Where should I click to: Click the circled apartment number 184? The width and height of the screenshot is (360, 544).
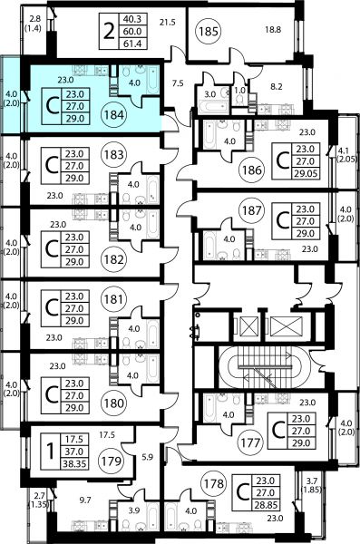[114, 114]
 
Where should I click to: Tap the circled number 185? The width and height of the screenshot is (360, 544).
[209, 32]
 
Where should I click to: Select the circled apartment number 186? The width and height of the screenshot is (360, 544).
[252, 170]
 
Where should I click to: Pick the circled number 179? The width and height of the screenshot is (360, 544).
[112, 461]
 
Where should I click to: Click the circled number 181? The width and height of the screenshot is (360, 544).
[113, 298]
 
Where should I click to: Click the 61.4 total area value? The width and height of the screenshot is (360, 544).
[132, 44]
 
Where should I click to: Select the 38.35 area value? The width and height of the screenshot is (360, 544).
[74, 464]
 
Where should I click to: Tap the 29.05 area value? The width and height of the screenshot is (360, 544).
[306, 174]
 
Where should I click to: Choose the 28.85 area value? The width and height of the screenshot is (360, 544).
[266, 505]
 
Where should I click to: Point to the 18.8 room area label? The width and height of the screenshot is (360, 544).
[273, 30]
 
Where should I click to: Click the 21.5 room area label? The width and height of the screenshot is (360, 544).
[168, 23]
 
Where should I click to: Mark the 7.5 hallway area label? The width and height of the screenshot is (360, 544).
[178, 83]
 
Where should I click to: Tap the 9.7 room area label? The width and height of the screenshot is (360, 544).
[84, 500]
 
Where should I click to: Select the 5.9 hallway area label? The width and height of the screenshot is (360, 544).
[147, 457]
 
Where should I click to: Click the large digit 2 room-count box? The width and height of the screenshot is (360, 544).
[109, 32]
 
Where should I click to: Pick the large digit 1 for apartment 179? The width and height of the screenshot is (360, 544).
[51, 452]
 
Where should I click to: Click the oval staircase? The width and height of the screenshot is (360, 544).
[264, 367]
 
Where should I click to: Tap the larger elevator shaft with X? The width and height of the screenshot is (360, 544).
[286, 326]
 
